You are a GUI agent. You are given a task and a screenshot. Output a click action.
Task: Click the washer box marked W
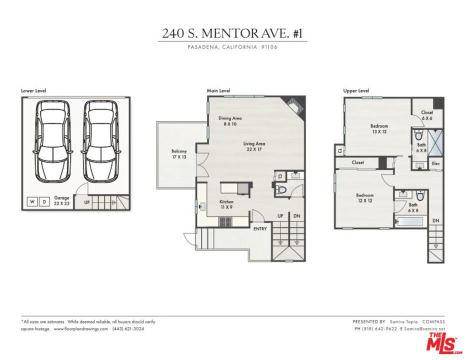tap(32, 202)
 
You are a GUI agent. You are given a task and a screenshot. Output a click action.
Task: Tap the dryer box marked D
tap(44, 202)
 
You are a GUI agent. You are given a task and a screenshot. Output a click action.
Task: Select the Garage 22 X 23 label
tap(61, 200)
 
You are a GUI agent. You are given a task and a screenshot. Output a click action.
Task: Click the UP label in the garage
tap(87, 202)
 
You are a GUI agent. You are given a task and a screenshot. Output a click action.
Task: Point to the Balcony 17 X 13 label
tap(179, 154)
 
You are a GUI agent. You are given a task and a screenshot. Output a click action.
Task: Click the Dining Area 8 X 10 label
tap(230, 121)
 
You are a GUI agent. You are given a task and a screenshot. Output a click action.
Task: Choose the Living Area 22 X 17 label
tap(254, 146)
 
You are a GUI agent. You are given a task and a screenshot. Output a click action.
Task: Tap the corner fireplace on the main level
tap(294, 105)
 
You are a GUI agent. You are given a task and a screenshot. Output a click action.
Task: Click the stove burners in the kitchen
tap(225, 221)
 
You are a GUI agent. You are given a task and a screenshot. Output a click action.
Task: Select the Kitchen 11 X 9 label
tap(226, 204)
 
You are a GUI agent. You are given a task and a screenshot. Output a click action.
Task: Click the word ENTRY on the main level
tap(260, 228)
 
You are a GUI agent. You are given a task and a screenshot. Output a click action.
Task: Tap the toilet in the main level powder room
tap(281, 189)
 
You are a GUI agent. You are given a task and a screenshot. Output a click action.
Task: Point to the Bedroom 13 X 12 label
tap(379, 128)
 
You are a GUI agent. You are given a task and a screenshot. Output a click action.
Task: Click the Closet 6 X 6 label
tap(427, 115)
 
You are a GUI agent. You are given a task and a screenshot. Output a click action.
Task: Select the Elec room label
tap(435, 163)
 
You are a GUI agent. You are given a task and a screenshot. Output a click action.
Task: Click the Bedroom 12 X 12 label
tap(364, 198)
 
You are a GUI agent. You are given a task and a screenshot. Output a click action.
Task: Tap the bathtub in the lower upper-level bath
tap(408, 221)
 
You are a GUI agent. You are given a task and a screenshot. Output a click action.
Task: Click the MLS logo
tap(443, 343)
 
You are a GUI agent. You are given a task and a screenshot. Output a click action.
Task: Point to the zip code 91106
tap(269, 47)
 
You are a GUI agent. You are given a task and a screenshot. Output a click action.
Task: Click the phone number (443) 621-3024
tap(128, 329)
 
